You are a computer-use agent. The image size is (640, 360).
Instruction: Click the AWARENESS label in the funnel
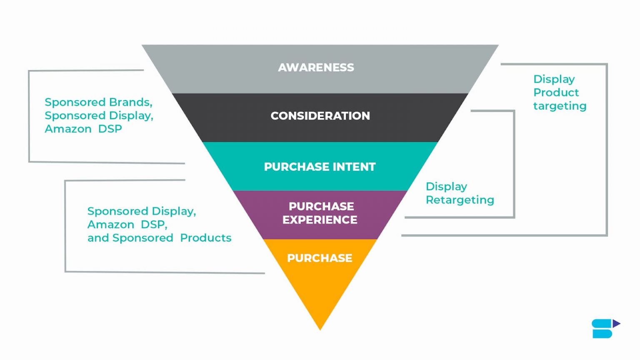(x=316, y=67)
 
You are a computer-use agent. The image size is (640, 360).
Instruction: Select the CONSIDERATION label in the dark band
(x=320, y=116)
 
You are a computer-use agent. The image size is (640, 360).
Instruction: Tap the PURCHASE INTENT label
(x=320, y=167)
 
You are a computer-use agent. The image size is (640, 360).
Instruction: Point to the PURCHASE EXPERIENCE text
(x=320, y=213)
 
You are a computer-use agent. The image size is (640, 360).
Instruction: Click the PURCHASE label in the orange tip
(x=320, y=258)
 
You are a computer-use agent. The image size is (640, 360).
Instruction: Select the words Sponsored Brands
(x=98, y=102)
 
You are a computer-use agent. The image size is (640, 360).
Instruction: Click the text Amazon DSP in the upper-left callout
(x=83, y=129)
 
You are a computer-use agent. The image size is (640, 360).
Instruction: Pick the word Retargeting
(x=460, y=200)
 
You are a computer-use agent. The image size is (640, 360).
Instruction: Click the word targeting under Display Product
(x=560, y=106)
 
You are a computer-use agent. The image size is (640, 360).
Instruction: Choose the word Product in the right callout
(x=556, y=92)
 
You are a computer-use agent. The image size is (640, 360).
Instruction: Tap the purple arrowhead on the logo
(x=616, y=323)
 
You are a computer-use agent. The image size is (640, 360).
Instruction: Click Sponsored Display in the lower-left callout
(x=141, y=211)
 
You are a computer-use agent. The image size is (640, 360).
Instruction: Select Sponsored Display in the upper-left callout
(x=98, y=116)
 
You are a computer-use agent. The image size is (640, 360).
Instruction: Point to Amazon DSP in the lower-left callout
(x=127, y=225)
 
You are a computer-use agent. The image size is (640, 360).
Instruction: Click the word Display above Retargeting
(x=446, y=187)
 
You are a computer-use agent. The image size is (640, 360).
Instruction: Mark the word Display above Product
(x=554, y=79)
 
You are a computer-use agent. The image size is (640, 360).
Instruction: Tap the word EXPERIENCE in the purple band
(x=320, y=220)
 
